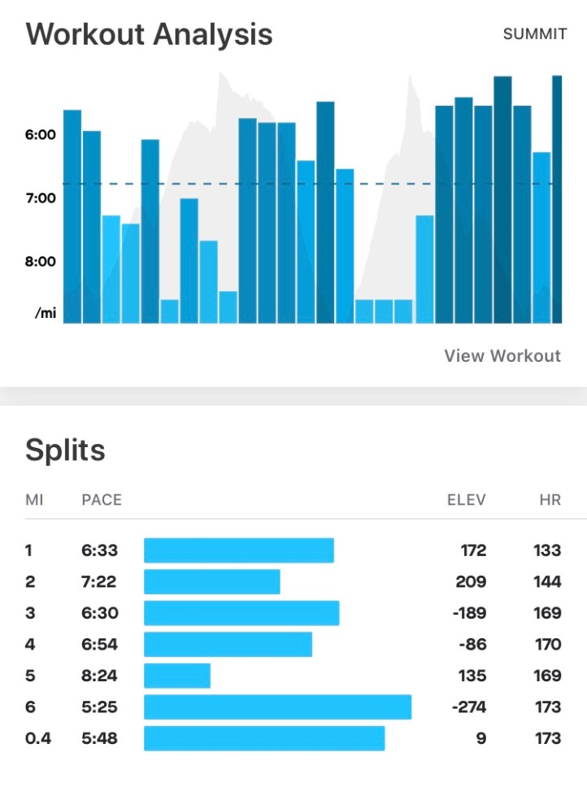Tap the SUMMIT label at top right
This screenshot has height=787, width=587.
click(x=534, y=34)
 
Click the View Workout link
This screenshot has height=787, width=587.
click(x=502, y=356)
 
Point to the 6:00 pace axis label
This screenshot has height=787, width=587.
click(x=40, y=135)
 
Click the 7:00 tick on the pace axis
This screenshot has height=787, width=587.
click(x=40, y=198)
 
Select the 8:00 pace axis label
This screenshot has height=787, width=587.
click(x=40, y=262)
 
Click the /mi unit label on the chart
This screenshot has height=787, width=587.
click(x=46, y=313)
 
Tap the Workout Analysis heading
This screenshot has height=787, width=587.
click(x=149, y=35)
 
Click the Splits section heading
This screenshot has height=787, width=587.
click(x=65, y=450)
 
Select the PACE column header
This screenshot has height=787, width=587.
click(x=102, y=499)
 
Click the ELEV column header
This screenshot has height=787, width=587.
click(x=467, y=499)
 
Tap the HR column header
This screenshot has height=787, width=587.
click(x=550, y=499)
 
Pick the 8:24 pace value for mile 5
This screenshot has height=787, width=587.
click(x=99, y=676)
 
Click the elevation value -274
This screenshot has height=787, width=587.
click(x=468, y=707)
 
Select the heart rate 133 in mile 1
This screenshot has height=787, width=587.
click(x=547, y=550)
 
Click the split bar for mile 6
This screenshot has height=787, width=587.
click(x=277, y=707)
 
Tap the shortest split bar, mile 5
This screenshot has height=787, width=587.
click(x=177, y=676)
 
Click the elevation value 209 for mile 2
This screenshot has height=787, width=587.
click(x=471, y=582)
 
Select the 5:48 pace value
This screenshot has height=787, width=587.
click(x=99, y=738)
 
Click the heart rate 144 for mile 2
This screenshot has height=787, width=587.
click(x=547, y=582)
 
